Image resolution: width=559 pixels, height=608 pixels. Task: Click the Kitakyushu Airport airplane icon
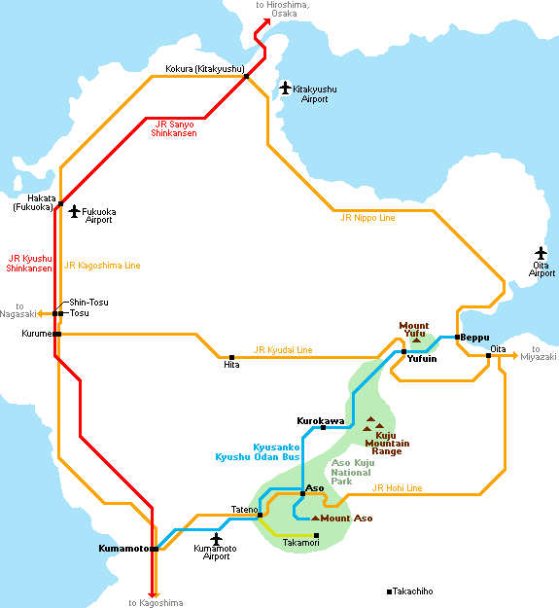(x=286, y=88)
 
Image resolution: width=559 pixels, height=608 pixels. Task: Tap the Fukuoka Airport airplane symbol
(x=74, y=211)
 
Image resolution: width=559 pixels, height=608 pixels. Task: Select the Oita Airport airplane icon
(x=541, y=253)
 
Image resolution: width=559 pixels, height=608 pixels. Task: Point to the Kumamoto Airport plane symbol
(x=216, y=539)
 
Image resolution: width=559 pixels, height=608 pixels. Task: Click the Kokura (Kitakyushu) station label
(x=205, y=69)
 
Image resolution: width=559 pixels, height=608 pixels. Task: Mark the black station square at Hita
(x=231, y=358)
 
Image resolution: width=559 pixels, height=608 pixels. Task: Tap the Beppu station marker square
(x=457, y=337)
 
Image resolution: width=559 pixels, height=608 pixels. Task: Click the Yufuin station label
(x=422, y=359)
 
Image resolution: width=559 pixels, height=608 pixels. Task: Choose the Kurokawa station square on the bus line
(x=323, y=427)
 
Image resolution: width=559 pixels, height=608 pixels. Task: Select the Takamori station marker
(x=316, y=535)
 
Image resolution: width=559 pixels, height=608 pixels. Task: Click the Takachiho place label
(x=412, y=591)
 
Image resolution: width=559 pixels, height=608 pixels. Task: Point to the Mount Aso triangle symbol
(x=315, y=519)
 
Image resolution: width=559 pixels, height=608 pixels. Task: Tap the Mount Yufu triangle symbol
(x=416, y=340)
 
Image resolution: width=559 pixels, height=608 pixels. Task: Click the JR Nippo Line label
(x=367, y=218)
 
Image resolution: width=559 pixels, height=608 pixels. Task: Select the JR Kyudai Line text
(x=283, y=350)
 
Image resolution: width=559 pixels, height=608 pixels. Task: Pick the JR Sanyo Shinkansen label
(x=174, y=128)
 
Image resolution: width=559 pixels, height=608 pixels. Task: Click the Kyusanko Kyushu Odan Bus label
(x=258, y=452)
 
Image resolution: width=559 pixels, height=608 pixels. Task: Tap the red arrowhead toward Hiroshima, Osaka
(x=266, y=21)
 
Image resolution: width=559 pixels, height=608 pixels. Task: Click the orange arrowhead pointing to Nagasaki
(x=40, y=313)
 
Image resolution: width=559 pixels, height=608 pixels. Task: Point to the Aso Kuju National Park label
(x=353, y=472)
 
